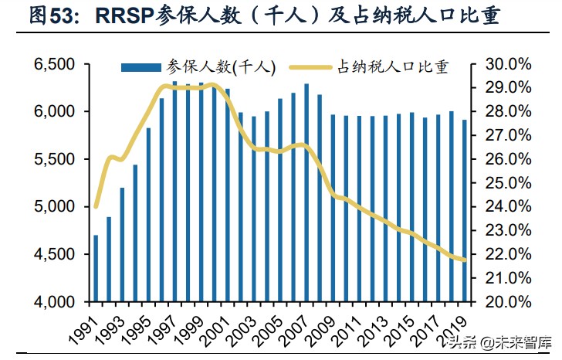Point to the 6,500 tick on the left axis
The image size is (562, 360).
[55, 64]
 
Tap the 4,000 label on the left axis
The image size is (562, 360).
[55, 302]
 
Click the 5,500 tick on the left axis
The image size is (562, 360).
[55, 159]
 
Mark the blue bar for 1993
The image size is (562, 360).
[122, 244]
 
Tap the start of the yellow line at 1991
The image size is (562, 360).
[96, 206]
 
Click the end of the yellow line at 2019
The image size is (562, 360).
[464, 260]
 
